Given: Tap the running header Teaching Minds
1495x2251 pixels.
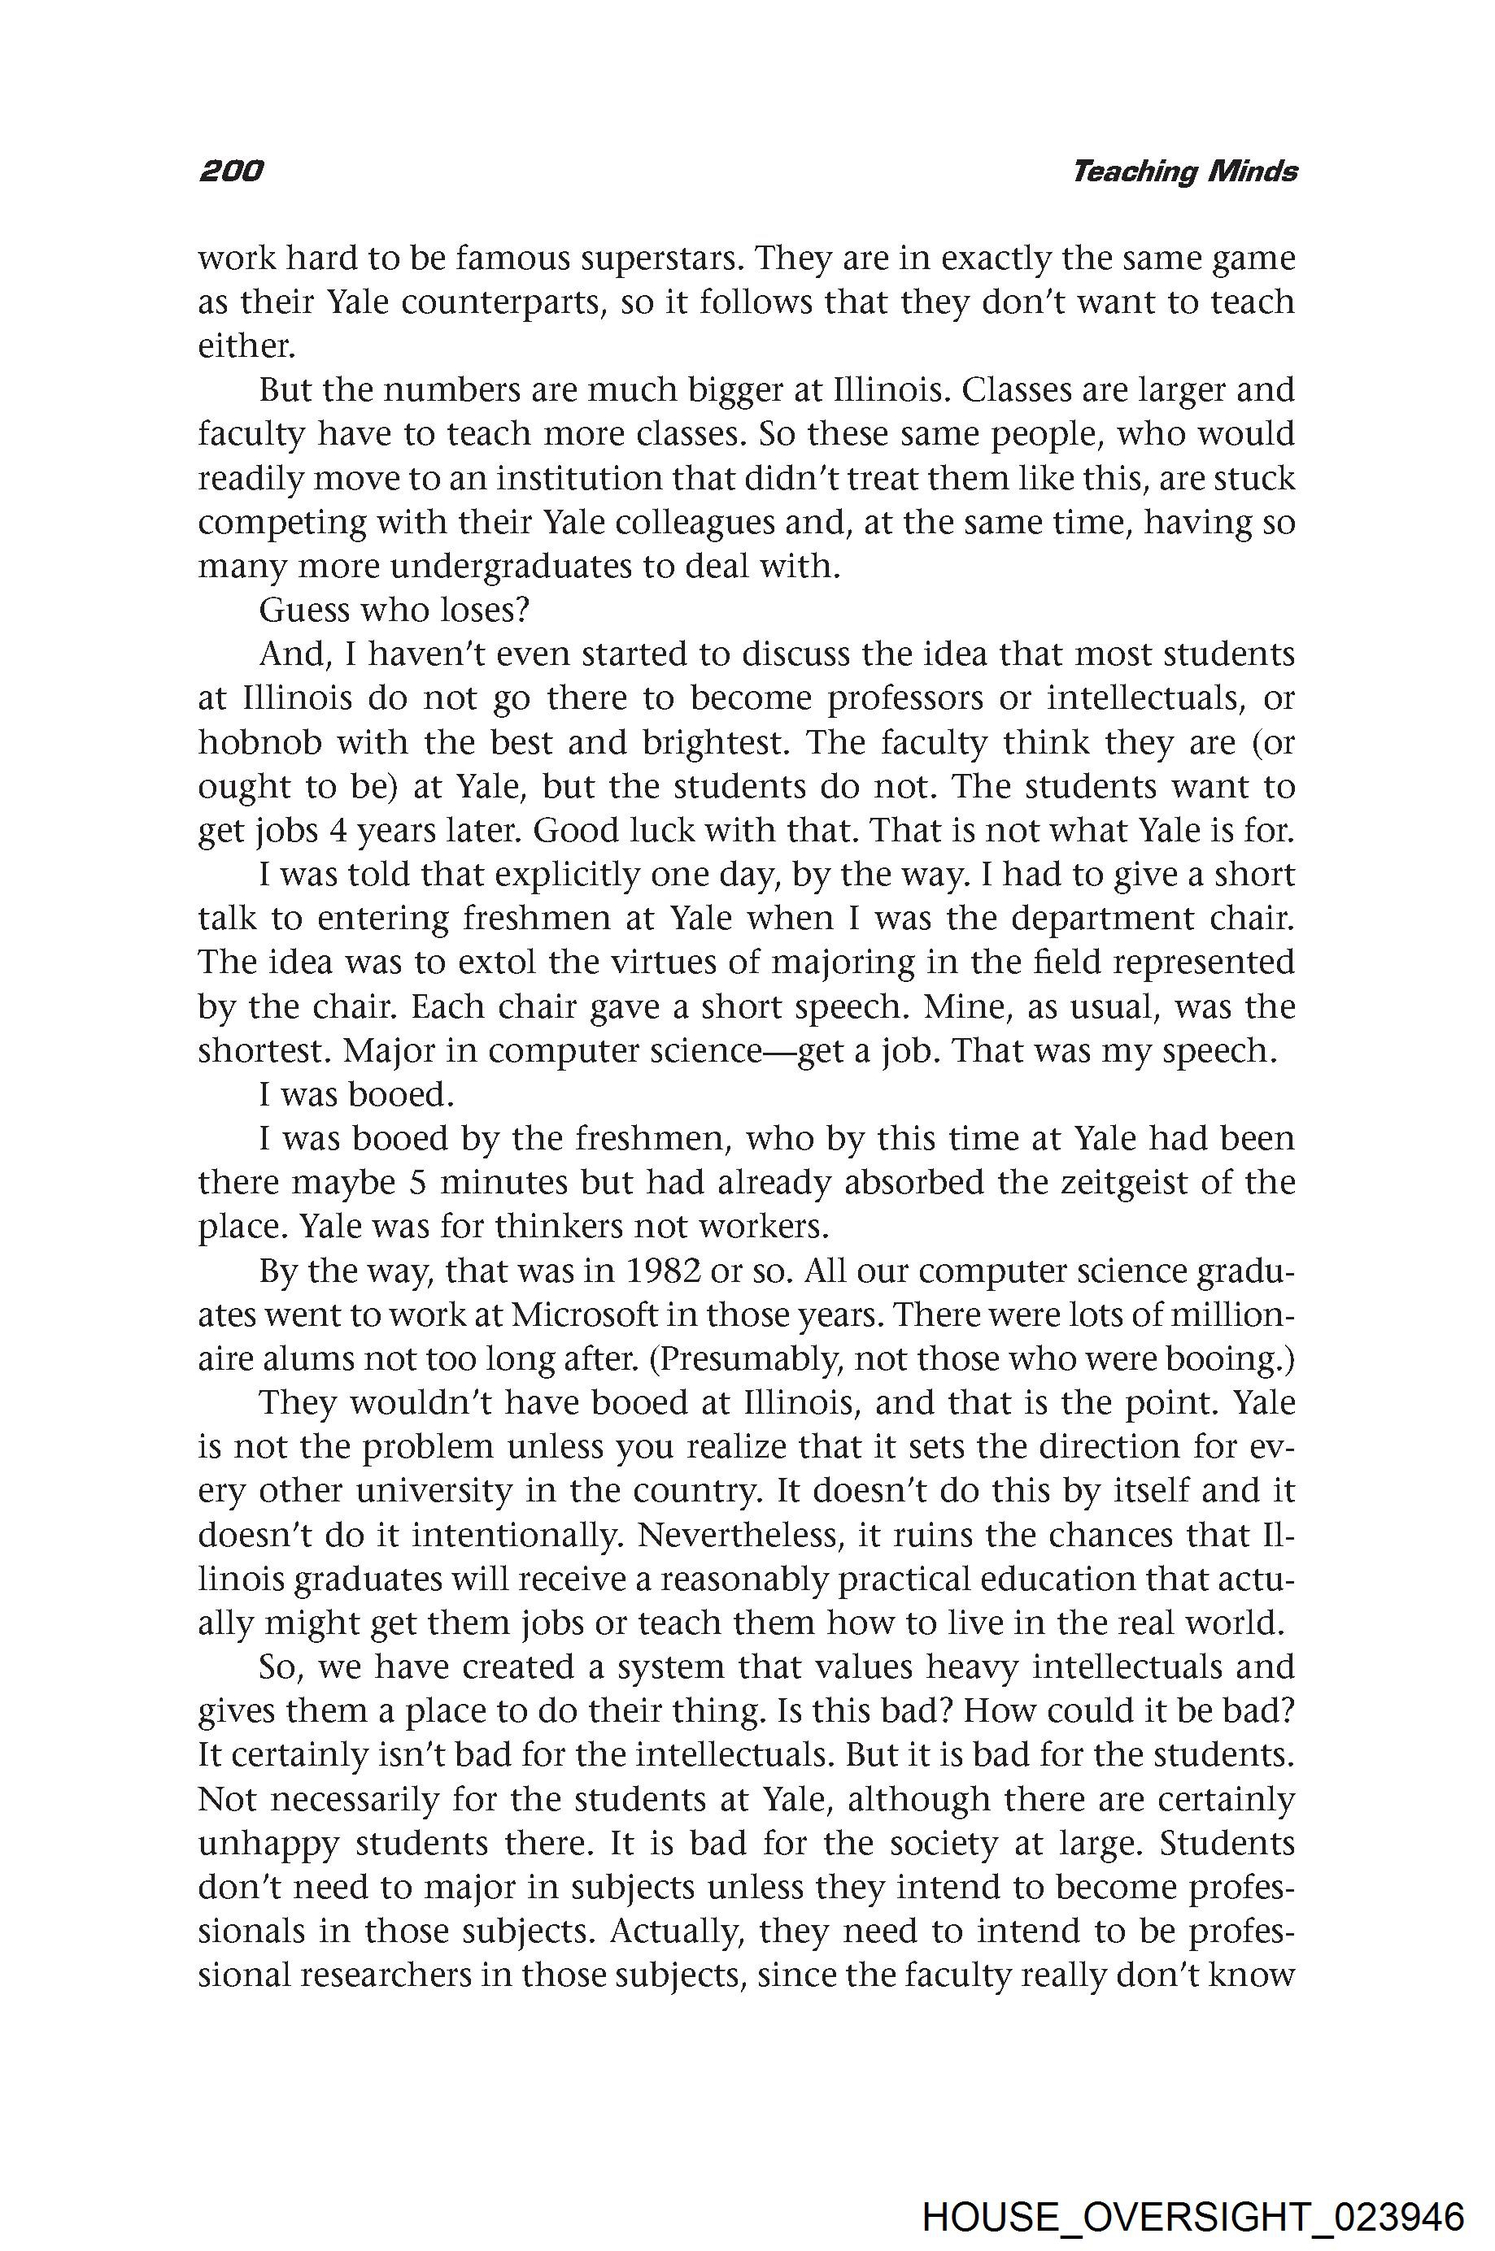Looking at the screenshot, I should tap(1184, 172).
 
